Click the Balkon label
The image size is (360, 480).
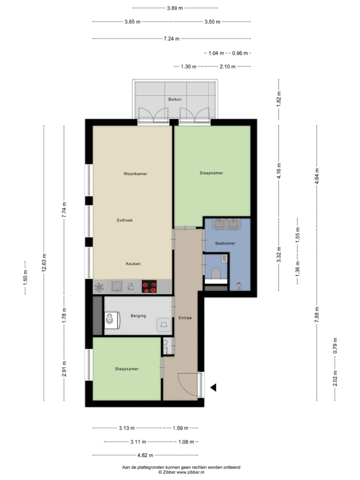click(174, 99)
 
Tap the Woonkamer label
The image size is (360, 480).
click(135, 174)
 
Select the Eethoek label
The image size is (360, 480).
click(125, 220)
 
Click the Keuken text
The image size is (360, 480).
click(133, 264)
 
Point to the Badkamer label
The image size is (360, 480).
click(225, 244)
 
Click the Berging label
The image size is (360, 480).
click(138, 316)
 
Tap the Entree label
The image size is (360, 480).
click(185, 318)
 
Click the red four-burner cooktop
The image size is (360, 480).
click(150, 287)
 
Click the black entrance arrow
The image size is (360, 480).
click(213, 388)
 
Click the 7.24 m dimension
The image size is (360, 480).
click(172, 39)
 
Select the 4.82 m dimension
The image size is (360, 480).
click(145, 455)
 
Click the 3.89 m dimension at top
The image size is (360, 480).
click(175, 8)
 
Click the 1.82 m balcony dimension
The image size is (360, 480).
click(279, 99)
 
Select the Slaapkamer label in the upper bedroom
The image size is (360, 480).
click(211, 173)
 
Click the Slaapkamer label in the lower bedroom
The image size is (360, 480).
click(127, 369)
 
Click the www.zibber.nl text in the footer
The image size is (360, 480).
click(189, 472)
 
